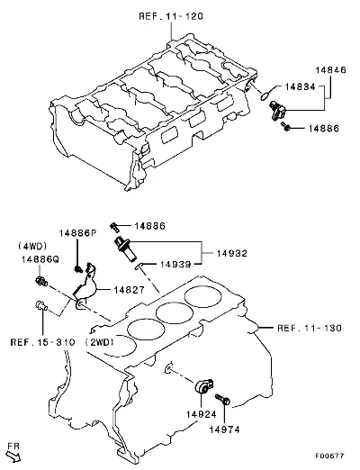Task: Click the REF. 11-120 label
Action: pos(171,16)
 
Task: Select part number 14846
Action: pos(330,70)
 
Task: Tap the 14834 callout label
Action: pos(301,87)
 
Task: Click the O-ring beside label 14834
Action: pos(266,95)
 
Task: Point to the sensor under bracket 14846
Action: pos(277,111)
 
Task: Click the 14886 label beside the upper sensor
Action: pos(324,129)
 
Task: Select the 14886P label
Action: pos(77,233)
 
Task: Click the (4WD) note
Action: pos(32,247)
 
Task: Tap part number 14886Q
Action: pos(40,259)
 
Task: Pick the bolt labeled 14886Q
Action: pos(41,282)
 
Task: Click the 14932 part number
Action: pos(232,253)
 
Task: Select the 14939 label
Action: pos(175,265)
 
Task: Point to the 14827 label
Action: pos(129,290)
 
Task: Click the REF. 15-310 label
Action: pos(42,342)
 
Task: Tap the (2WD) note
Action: pos(100,342)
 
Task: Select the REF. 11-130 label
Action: pos(310,328)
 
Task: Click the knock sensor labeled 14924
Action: pos(203,387)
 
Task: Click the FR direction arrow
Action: pos(13,456)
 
